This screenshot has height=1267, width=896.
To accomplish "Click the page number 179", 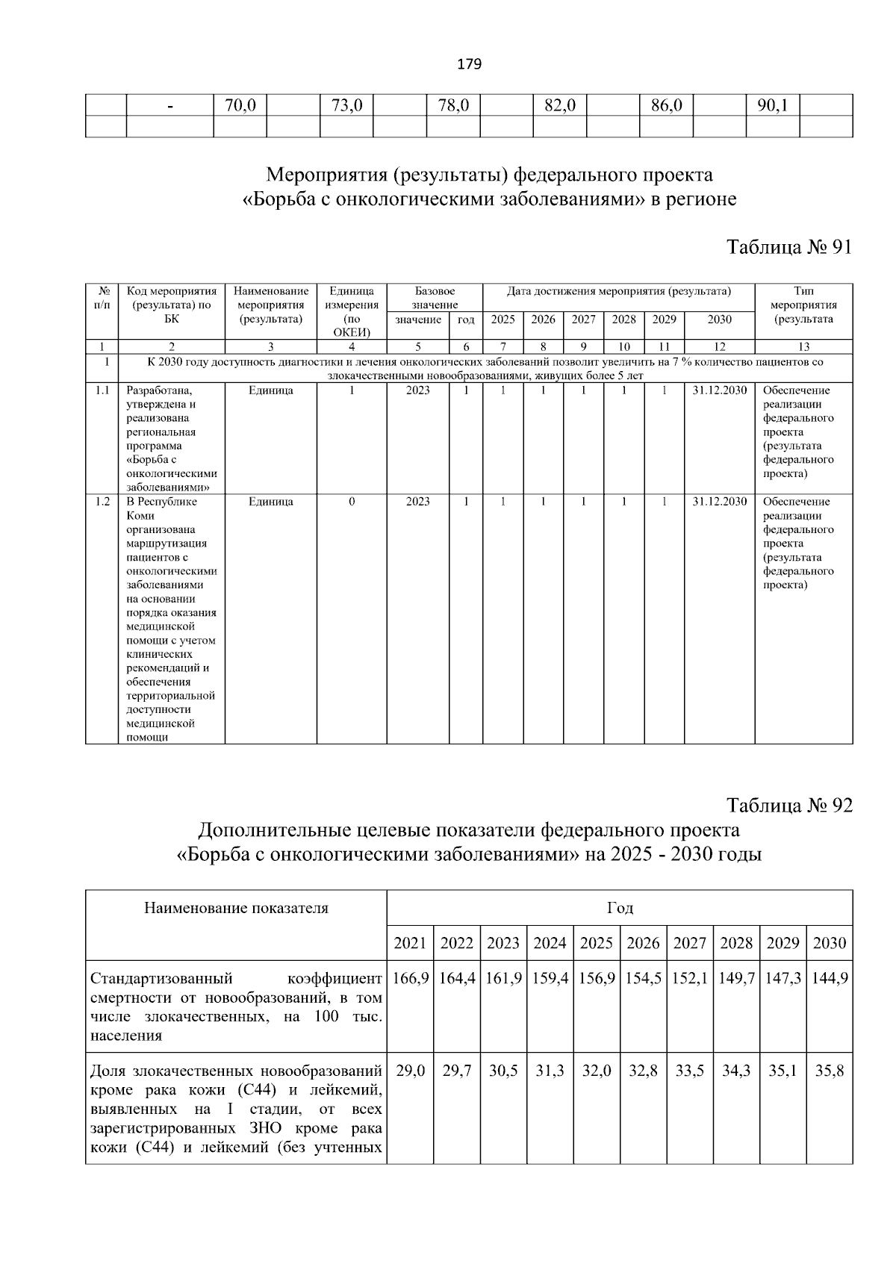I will click(x=469, y=64).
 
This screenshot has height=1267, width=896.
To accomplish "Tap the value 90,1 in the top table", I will click(x=772, y=105).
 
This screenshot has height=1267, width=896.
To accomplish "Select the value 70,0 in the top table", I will click(x=240, y=105).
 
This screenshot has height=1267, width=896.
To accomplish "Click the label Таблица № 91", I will click(x=789, y=247).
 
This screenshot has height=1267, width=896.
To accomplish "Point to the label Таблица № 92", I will click(x=789, y=806).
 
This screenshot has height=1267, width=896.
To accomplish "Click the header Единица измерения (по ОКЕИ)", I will click(x=352, y=311).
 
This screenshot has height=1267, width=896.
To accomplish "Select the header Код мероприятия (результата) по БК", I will click(x=172, y=305).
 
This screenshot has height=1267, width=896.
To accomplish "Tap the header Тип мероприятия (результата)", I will click(x=803, y=305).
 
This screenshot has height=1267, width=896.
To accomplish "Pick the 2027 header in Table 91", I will click(x=583, y=320).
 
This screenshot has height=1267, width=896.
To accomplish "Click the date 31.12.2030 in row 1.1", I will click(x=719, y=390).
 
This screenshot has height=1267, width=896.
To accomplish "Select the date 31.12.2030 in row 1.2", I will click(x=719, y=502).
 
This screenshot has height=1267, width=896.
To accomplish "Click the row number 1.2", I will click(x=102, y=502).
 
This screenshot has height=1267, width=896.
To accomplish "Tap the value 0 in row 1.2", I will click(x=352, y=502).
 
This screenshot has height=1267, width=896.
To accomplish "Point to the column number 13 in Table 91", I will click(x=803, y=346).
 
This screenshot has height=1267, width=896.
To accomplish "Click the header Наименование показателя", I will click(x=236, y=909).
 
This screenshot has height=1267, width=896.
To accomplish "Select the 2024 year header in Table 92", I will click(x=550, y=943).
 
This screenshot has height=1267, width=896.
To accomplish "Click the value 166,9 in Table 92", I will click(x=410, y=978).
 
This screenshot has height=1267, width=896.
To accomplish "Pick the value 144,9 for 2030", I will click(x=829, y=978).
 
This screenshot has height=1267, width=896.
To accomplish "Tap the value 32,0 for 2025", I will click(x=596, y=1071).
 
